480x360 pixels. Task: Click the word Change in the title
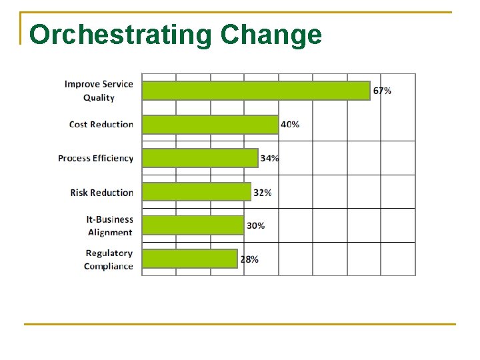pyautogui.click(x=271, y=35)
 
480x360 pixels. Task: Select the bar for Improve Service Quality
pyautogui.click(x=256, y=91)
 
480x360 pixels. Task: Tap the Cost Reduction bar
pyautogui.click(x=210, y=125)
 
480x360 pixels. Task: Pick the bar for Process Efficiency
pyautogui.click(x=200, y=158)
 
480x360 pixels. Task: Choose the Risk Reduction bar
pyautogui.click(x=197, y=192)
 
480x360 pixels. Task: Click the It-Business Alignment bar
pyautogui.click(x=193, y=225)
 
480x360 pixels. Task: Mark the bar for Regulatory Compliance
pyautogui.click(x=190, y=259)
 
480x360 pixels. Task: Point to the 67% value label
pyautogui.click(x=382, y=91)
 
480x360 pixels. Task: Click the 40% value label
pyautogui.click(x=290, y=125)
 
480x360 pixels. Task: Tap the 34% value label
pyautogui.click(x=270, y=159)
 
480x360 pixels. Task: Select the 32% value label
pyautogui.click(x=263, y=193)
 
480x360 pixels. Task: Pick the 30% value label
pyautogui.click(x=255, y=226)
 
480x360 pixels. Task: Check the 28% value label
pyautogui.click(x=249, y=259)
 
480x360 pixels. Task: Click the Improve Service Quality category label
pyautogui.click(x=99, y=91)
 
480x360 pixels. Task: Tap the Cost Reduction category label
pyautogui.click(x=101, y=125)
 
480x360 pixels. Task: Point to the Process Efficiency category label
pyautogui.click(x=95, y=159)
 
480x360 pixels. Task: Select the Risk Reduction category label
pyautogui.click(x=101, y=193)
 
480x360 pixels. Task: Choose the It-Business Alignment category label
pyautogui.click(x=109, y=226)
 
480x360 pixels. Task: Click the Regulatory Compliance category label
pyautogui.click(x=109, y=259)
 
